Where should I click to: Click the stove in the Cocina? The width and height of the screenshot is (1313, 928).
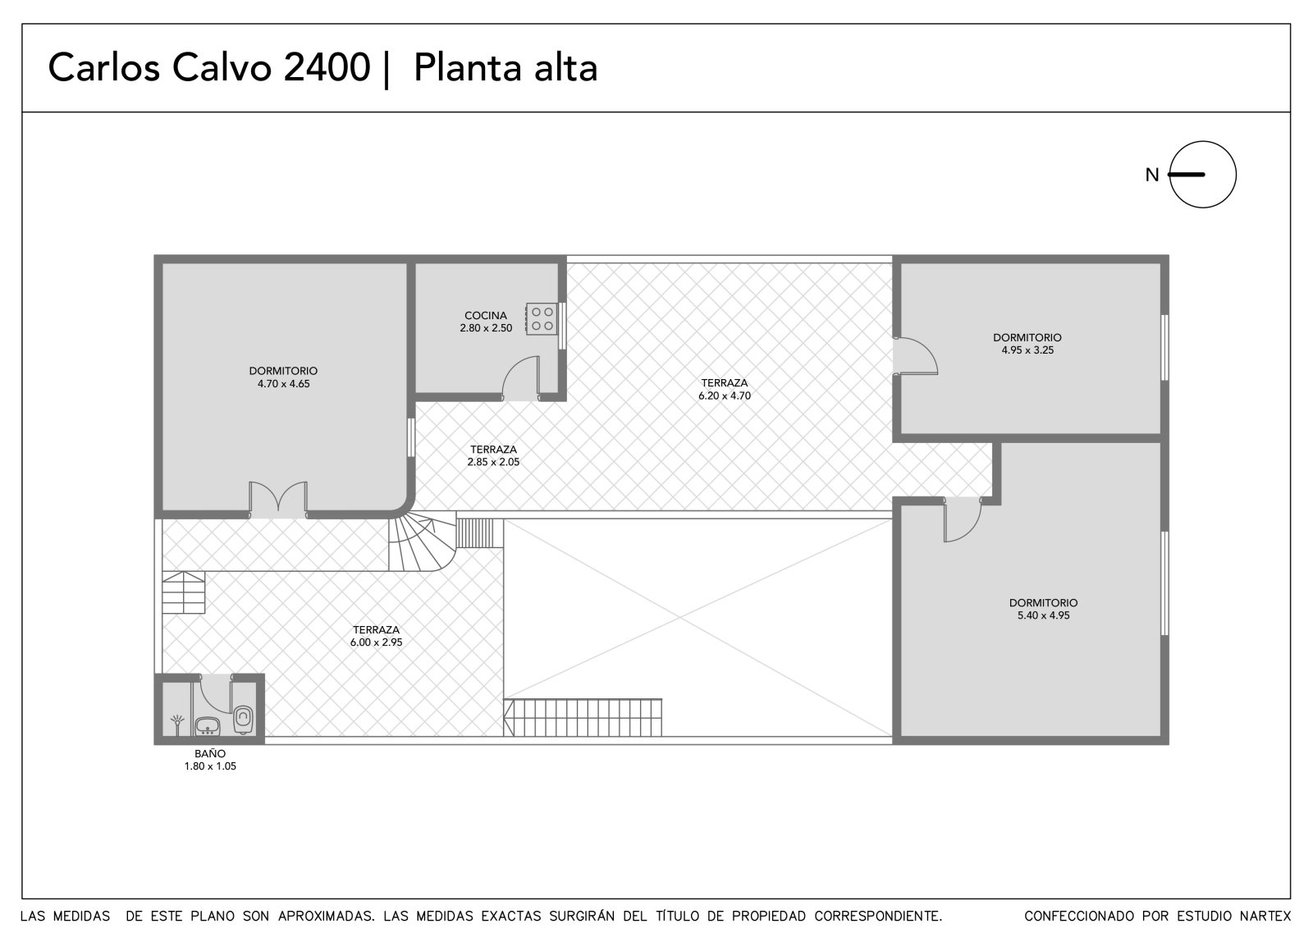(541, 319)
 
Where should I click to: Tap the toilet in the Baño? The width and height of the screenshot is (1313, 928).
(243, 720)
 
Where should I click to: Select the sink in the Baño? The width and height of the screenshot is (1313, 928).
(207, 726)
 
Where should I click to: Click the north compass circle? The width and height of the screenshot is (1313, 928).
(1203, 174)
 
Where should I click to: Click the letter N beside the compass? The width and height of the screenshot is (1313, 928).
(1152, 175)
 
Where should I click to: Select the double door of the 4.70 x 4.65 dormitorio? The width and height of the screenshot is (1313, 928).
(278, 500)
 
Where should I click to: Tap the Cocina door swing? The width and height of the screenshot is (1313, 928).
(520, 378)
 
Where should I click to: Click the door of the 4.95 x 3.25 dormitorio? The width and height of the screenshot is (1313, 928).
(915, 356)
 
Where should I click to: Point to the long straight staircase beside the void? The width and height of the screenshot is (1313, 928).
(583, 718)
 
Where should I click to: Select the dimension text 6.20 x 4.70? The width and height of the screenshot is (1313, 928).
(725, 395)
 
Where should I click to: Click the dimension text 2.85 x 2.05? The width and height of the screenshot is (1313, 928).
(493, 462)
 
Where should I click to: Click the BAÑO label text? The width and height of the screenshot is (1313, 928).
(210, 754)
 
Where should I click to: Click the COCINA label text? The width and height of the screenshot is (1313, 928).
(486, 315)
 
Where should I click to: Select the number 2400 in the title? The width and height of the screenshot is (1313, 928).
(327, 66)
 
